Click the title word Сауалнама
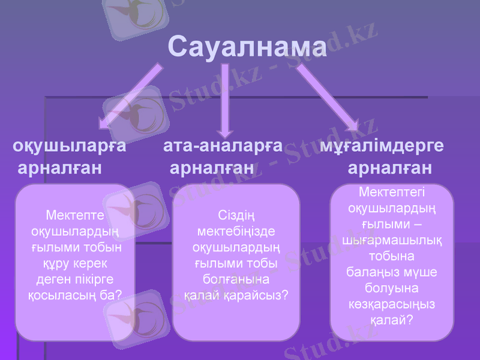click(x=247, y=46)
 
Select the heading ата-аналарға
click(x=223, y=146)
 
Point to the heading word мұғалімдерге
click(x=382, y=146)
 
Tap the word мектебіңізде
click(x=236, y=232)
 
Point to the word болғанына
click(x=236, y=280)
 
